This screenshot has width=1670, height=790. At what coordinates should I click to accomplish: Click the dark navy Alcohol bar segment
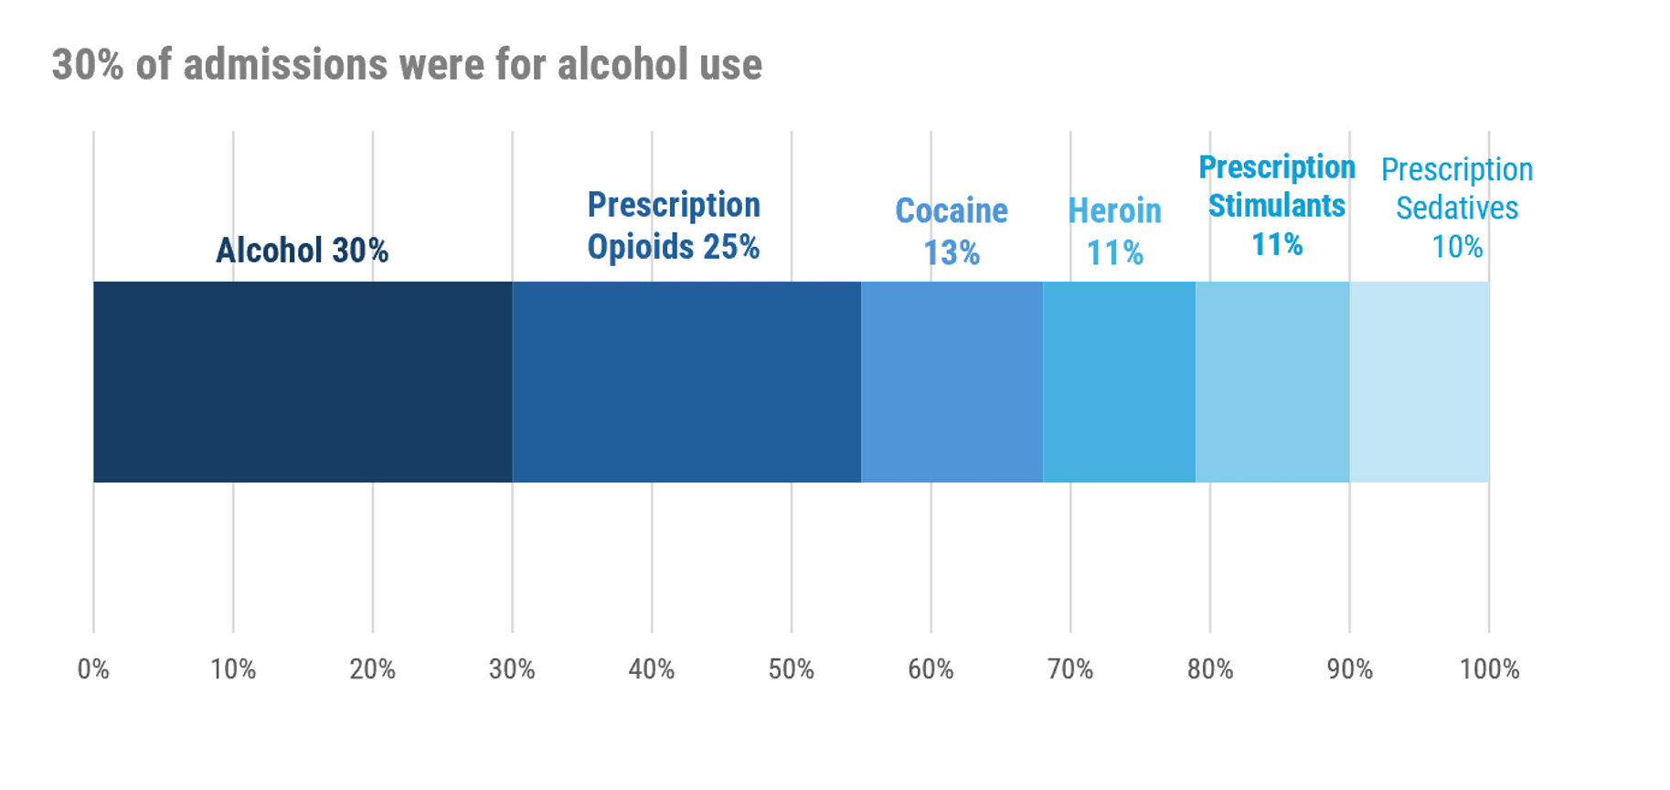pyautogui.click(x=303, y=381)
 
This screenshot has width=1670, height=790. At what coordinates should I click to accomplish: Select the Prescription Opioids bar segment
pyautogui.click(x=686, y=381)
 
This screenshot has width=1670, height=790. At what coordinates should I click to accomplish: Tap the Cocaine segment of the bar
pyautogui.click(x=952, y=381)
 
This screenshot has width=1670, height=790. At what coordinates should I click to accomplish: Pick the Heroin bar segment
pyautogui.click(x=1119, y=381)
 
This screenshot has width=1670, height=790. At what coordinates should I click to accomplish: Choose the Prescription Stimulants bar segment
pyautogui.click(x=1272, y=381)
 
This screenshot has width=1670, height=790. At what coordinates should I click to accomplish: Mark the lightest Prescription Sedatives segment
pyautogui.click(x=1420, y=381)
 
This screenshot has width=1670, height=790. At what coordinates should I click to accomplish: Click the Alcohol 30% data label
pyautogui.click(x=302, y=250)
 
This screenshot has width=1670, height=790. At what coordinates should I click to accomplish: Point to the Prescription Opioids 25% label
pyautogui.click(x=674, y=226)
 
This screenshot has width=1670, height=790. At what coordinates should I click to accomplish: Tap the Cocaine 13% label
pyautogui.click(x=952, y=231)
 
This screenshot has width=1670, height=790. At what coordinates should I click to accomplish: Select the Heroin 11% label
pyautogui.click(x=1115, y=231)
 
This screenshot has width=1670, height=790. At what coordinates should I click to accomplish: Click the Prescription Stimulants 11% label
pyautogui.click(x=1277, y=206)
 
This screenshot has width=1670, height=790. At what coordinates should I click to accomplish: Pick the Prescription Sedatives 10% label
pyautogui.click(x=1457, y=208)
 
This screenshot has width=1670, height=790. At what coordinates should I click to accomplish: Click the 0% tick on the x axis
pyautogui.click(x=93, y=669)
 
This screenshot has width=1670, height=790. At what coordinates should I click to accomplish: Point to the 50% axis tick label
pyautogui.click(x=792, y=669)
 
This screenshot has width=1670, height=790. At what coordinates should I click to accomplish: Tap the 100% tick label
pyautogui.click(x=1489, y=669)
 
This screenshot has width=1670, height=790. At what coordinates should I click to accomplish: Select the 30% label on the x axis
pyautogui.click(x=512, y=669)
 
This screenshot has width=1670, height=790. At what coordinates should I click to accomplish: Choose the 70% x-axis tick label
pyautogui.click(x=1070, y=669)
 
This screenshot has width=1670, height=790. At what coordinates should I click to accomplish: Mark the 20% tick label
pyautogui.click(x=372, y=669)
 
